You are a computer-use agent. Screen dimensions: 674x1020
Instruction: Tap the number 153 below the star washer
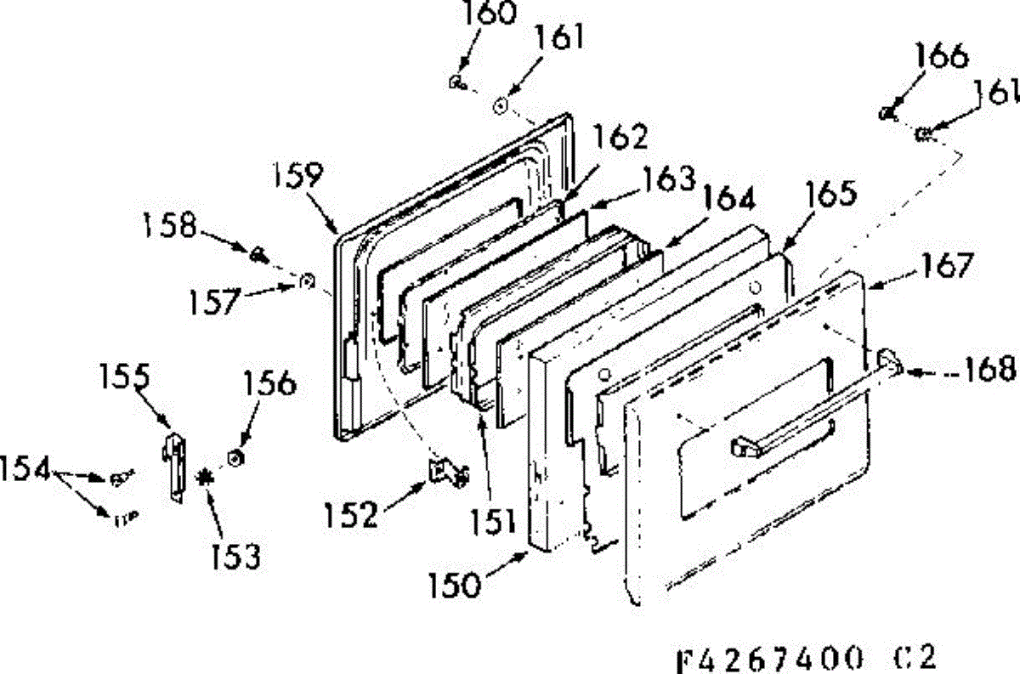236,556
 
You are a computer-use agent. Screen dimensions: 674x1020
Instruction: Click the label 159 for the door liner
297,177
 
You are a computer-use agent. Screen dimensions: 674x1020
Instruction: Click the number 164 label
728,200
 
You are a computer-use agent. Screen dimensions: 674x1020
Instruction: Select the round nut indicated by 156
234,459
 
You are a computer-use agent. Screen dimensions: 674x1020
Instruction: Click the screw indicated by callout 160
456,82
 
